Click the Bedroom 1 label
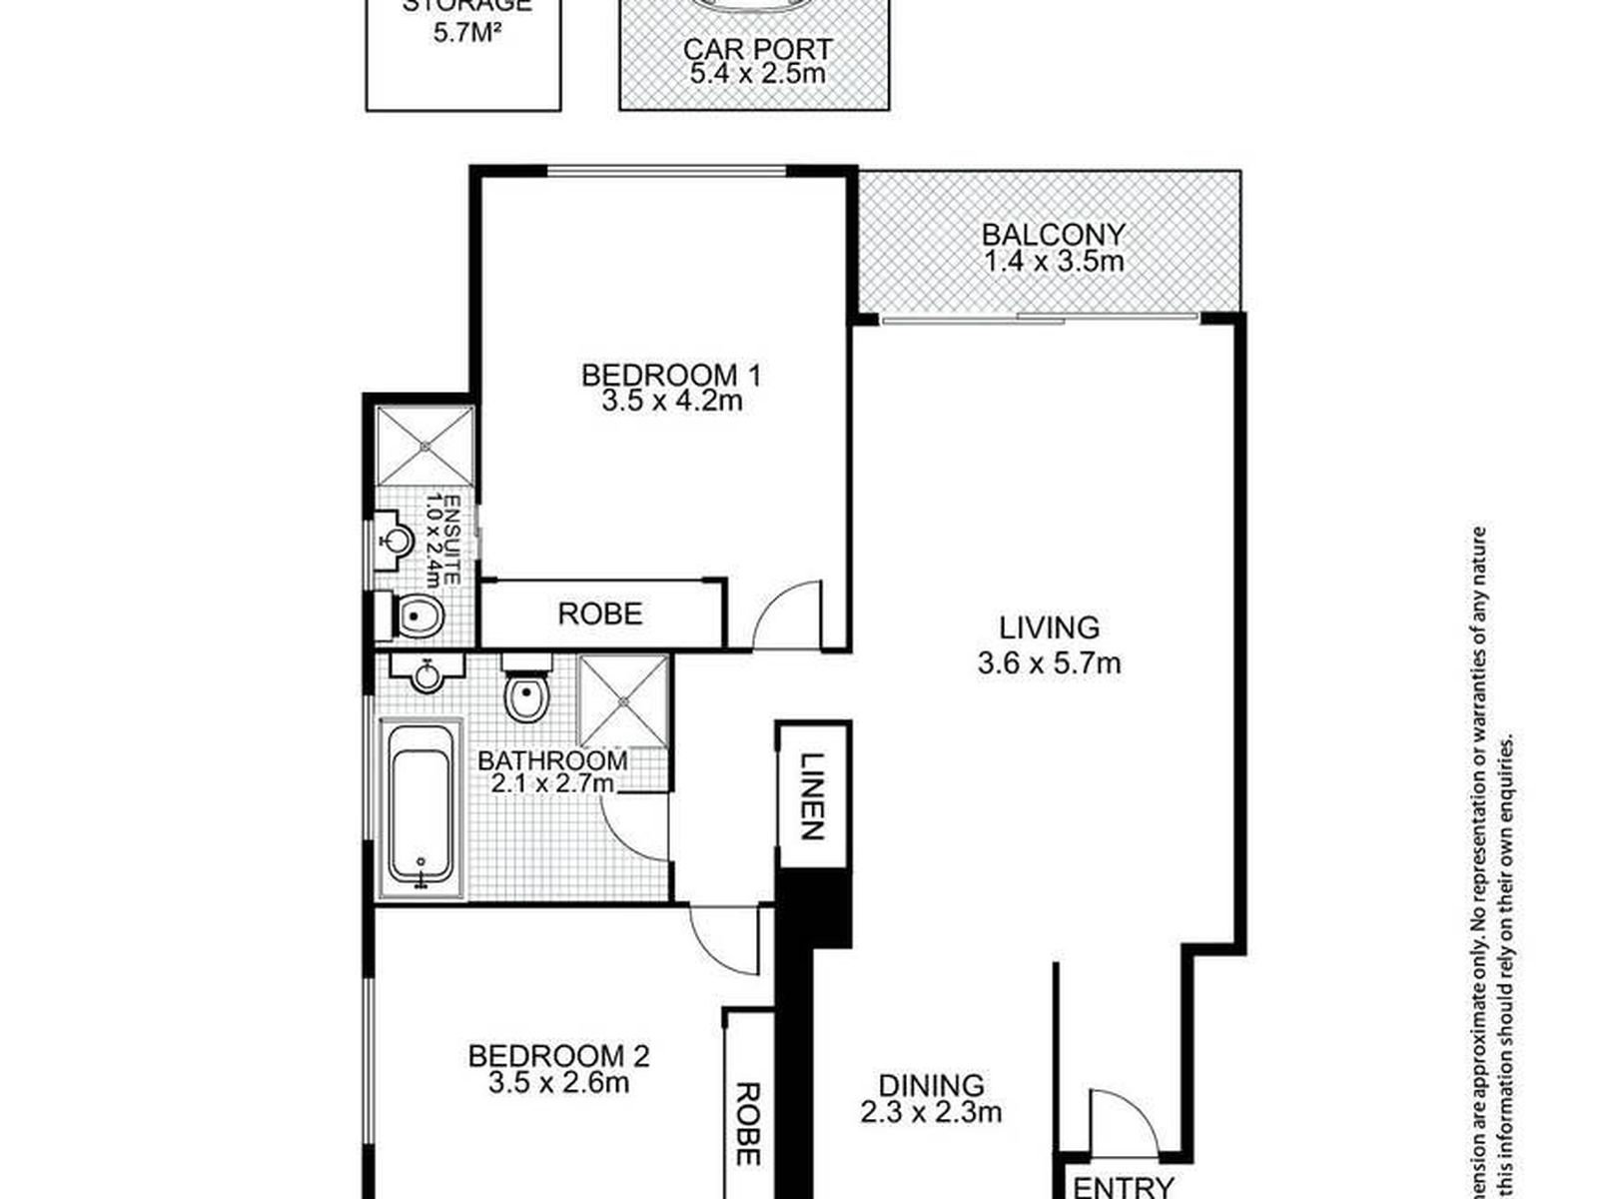[x=670, y=376]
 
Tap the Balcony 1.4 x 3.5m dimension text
[x=1054, y=262]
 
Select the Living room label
[x=1050, y=627]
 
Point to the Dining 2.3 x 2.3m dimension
[x=931, y=1111]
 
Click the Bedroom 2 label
[x=558, y=1055]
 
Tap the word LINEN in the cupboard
[x=812, y=795]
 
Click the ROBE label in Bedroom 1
[x=599, y=613]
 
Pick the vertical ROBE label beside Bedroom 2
[x=746, y=1124]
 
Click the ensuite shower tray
[x=424, y=445]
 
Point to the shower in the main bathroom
[x=623, y=700]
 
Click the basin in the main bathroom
[x=427, y=674]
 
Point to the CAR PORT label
[x=757, y=48]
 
